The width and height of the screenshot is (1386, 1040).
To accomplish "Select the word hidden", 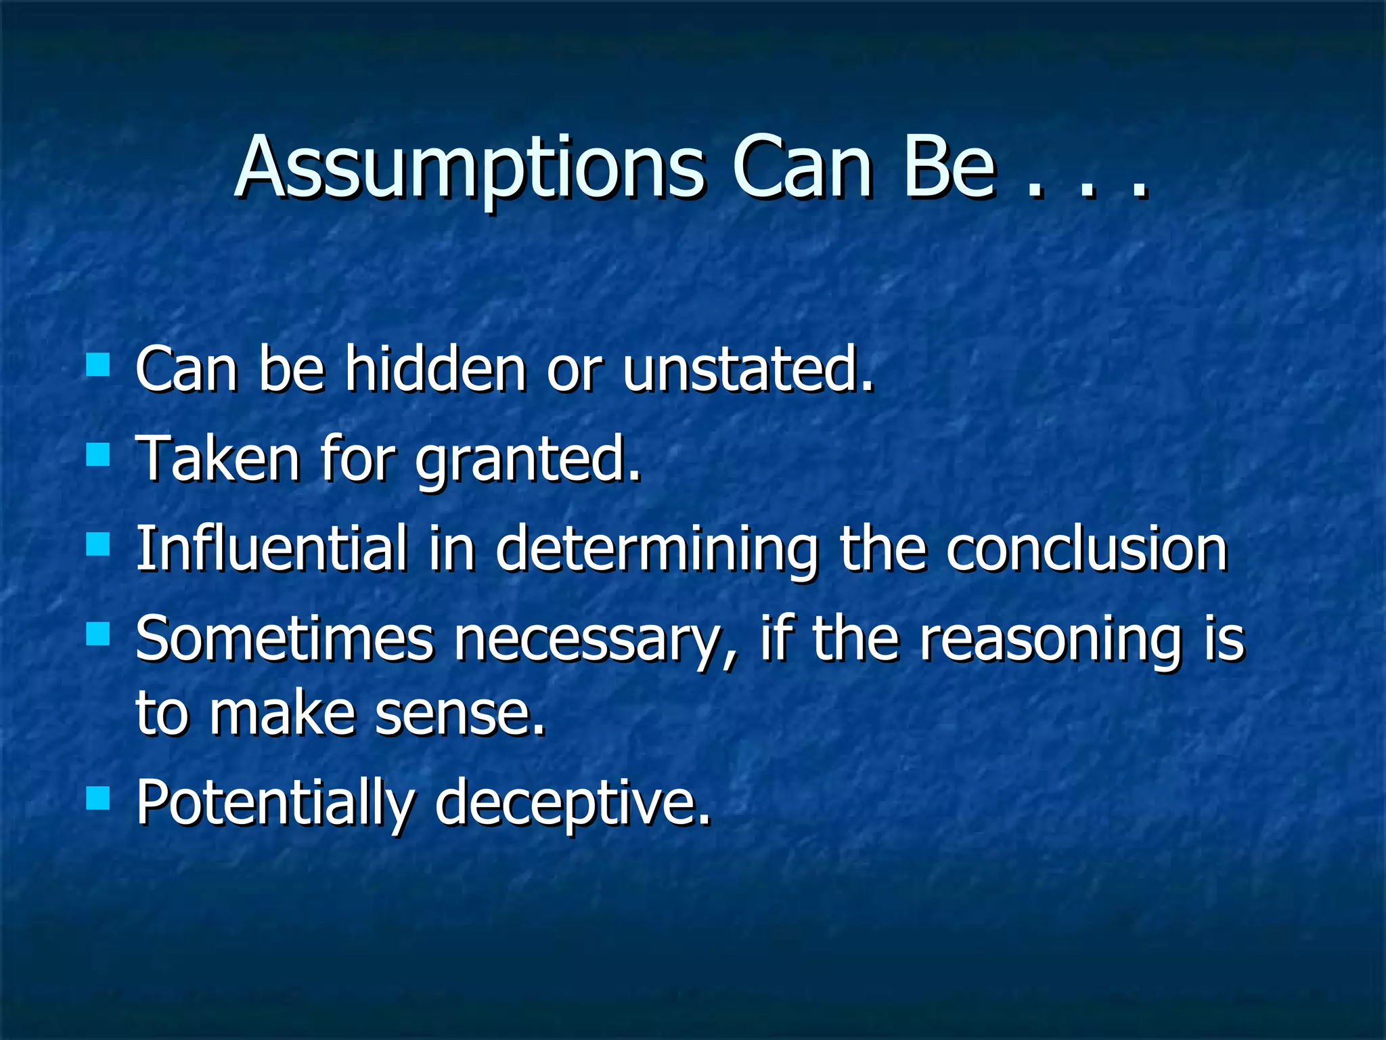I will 435,369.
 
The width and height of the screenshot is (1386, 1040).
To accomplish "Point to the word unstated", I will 748,369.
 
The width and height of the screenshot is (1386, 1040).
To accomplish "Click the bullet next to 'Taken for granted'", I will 98,455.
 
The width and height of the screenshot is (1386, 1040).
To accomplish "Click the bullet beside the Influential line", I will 98,544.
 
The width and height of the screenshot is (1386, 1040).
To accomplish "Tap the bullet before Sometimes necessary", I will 98,634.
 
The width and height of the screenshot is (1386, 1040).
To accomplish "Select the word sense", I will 460,714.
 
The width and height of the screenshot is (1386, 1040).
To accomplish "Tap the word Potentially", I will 274,804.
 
